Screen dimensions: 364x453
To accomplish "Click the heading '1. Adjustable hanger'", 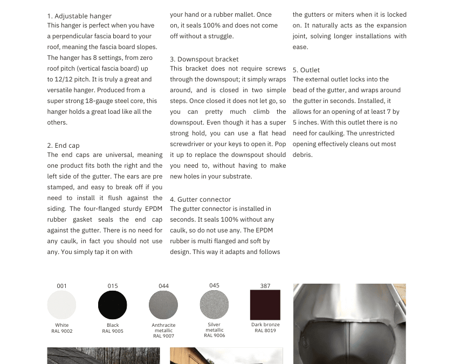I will [79, 16].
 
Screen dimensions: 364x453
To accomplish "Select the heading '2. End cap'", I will [63, 146].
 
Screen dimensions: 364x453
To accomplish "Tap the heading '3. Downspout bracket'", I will [204, 59].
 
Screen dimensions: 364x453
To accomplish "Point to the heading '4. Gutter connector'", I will [200, 200].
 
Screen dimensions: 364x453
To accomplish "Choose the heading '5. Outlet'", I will [306, 70].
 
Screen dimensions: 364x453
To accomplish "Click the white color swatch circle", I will [62, 305].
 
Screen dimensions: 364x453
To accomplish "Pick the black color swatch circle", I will [113, 305].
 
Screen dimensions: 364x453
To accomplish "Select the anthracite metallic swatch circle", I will [163, 305].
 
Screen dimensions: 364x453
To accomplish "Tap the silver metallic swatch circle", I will [214, 305].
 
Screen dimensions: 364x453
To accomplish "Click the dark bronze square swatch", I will [265, 305].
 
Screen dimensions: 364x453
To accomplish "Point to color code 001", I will [62, 286].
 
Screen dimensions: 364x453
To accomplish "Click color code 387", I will [265, 286].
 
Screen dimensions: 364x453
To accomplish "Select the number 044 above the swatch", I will [163, 286].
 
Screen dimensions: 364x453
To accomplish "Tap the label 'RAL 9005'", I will [113, 331].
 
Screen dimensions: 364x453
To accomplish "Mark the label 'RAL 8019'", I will [265, 331].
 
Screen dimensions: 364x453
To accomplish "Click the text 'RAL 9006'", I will [214, 335].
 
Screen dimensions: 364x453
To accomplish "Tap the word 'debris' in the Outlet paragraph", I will [303, 155].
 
